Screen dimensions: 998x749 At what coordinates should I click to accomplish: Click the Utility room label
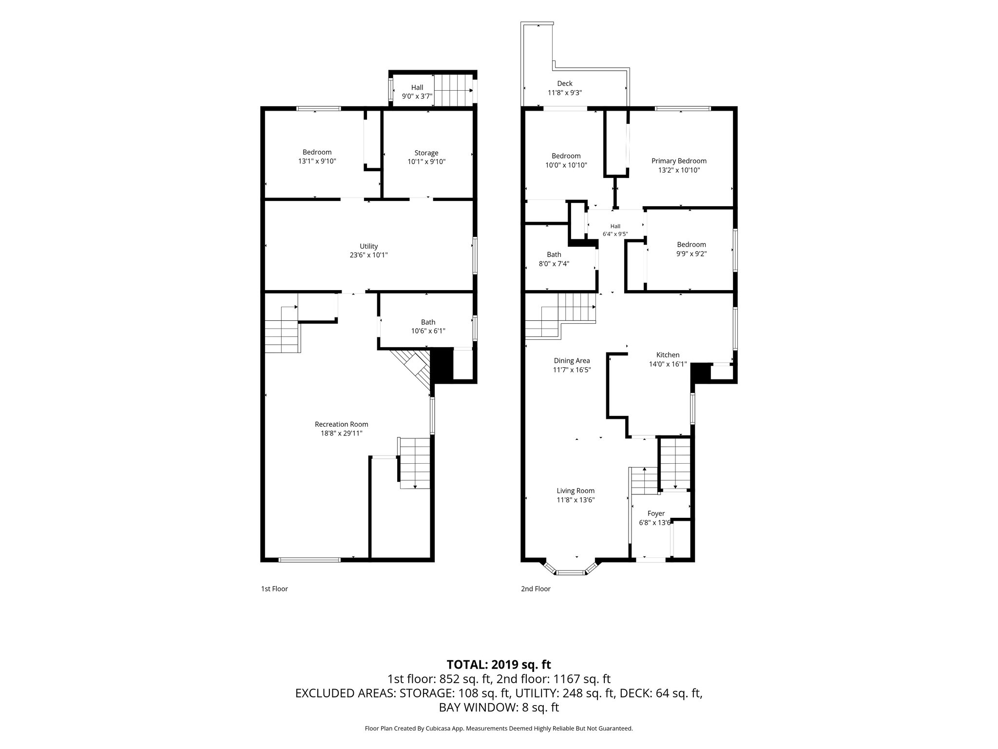369,246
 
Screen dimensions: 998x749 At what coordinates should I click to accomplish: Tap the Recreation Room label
342,424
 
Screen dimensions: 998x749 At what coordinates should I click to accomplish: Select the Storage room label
426,153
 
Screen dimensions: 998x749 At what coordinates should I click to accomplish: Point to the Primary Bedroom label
679,161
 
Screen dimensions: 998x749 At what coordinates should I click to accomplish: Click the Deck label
565,83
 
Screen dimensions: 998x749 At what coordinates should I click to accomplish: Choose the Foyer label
656,513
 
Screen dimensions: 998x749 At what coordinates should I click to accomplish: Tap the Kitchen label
668,355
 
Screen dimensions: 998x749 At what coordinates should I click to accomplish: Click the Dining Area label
572,361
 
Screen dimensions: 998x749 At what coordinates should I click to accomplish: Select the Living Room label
576,491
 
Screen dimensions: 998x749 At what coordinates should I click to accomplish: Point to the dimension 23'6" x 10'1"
369,255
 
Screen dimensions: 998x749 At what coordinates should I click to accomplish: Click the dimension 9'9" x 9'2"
691,254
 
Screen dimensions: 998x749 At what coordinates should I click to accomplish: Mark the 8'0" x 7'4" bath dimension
554,264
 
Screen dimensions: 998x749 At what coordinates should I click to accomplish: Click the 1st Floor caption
274,589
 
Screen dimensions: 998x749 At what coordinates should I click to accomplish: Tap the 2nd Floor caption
536,589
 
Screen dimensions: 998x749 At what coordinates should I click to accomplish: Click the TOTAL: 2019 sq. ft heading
499,664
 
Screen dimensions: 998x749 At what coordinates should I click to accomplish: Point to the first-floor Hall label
417,87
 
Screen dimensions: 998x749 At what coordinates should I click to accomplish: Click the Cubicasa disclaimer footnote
499,742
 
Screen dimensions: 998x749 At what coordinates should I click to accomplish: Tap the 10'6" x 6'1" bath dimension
428,331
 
